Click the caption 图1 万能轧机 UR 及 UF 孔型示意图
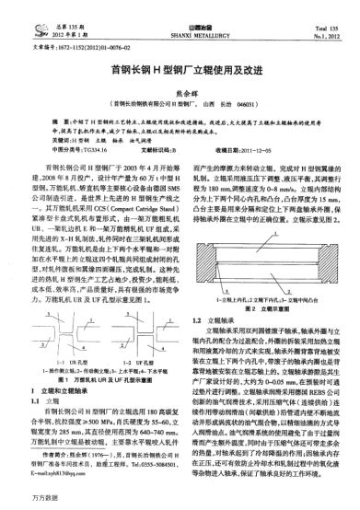[x=97, y=328]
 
